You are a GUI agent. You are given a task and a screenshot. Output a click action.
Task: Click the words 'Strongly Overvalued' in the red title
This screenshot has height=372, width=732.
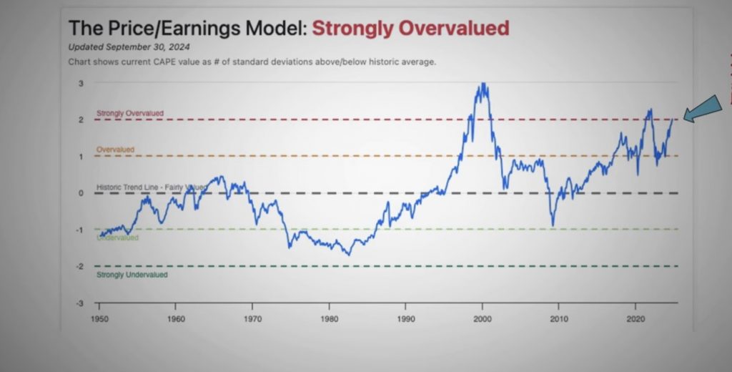tap(410, 29)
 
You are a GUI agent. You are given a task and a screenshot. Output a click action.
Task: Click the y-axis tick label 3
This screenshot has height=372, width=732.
tap(81, 83)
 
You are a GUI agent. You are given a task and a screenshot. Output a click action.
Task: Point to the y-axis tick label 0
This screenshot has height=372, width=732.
tap(81, 193)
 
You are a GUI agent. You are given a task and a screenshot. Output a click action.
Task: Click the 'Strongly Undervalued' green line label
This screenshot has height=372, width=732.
tap(132, 275)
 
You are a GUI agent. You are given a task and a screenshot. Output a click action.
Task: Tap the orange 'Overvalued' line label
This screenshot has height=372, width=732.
tap(115, 150)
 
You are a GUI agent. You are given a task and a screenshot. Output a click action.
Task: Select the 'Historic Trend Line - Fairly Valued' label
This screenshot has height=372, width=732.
tap(151, 187)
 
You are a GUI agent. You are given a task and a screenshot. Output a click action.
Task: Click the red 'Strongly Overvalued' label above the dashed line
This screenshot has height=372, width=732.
tap(130, 113)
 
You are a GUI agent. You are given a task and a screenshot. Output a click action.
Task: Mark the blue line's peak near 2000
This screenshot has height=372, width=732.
tap(484, 84)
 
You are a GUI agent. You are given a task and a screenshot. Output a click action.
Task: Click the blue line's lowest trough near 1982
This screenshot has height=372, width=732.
tap(349, 254)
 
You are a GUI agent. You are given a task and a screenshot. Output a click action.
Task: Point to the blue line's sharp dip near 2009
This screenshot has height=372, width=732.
tap(552, 225)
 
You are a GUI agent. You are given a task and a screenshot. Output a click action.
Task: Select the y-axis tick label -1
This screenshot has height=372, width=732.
tap(81, 230)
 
